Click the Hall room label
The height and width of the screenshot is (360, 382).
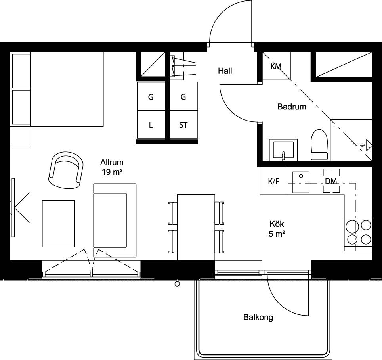coord(225,71)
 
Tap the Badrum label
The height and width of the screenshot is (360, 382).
coord(292,107)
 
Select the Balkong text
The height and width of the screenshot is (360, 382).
coord(258,317)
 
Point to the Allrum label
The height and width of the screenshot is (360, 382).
coord(112,162)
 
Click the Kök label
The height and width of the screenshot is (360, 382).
coord(277,224)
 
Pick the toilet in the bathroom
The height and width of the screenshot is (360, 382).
coord(319,145)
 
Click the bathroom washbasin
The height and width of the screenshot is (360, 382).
coord(283,150)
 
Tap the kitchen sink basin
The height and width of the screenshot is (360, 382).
coord(301,182)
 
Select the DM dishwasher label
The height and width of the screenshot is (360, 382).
coord(331,181)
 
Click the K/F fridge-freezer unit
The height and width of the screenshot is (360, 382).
coord(274,181)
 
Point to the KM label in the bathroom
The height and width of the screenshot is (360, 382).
coord(276,66)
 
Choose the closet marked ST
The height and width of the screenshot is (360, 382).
coord(184,124)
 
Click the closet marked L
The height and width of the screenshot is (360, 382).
coord(151,124)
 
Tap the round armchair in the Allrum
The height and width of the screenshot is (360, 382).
coord(66,170)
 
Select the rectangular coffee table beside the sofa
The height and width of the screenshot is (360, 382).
coord(59,224)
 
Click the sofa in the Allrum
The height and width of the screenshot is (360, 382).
coord(115,220)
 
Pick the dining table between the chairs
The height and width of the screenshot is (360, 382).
coord(196,227)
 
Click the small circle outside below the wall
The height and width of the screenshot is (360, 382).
coord(178,284)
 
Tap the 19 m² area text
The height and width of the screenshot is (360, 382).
coord(112,172)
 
